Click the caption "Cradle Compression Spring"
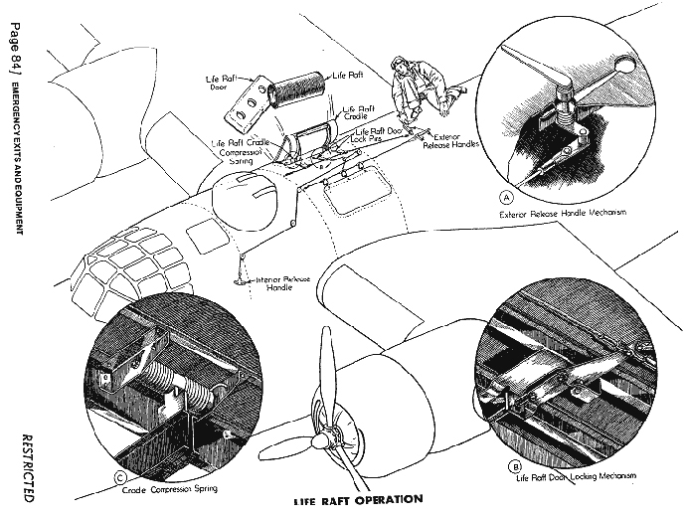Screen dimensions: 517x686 click(171, 488)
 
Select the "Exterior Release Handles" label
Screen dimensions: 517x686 click(457, 143)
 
